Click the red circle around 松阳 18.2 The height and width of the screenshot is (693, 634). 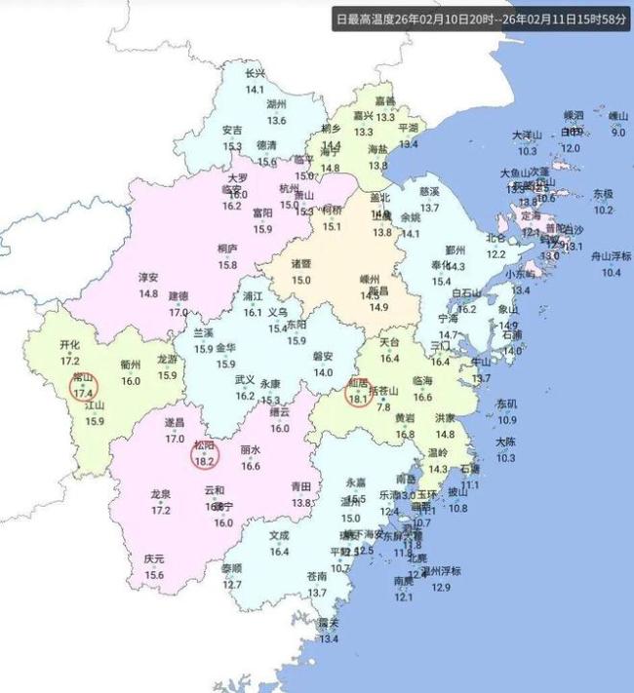tap(205, 453)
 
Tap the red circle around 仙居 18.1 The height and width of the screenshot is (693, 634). tap(358, 391)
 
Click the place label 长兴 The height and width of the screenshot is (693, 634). tap(255, 74)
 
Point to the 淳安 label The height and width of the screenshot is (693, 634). tap(148, 278)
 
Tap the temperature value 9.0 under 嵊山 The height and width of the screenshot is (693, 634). tap(618, 132)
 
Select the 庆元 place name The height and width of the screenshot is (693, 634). tap(154, 559)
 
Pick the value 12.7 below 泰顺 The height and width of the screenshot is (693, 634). tap(231, 585)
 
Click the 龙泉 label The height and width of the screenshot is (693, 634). tap(161, 495)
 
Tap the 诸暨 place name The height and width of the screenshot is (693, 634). tap(301, 264)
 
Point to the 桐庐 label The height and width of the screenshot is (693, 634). tap(228, 250)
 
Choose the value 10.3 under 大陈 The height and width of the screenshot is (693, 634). tap(505, 456)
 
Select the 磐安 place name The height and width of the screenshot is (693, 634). tap(323, 357)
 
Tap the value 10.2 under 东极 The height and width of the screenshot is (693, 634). tap(604, 210)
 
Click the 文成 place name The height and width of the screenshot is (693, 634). tap(280, 536)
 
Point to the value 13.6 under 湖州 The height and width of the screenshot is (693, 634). tap(277, 120)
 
